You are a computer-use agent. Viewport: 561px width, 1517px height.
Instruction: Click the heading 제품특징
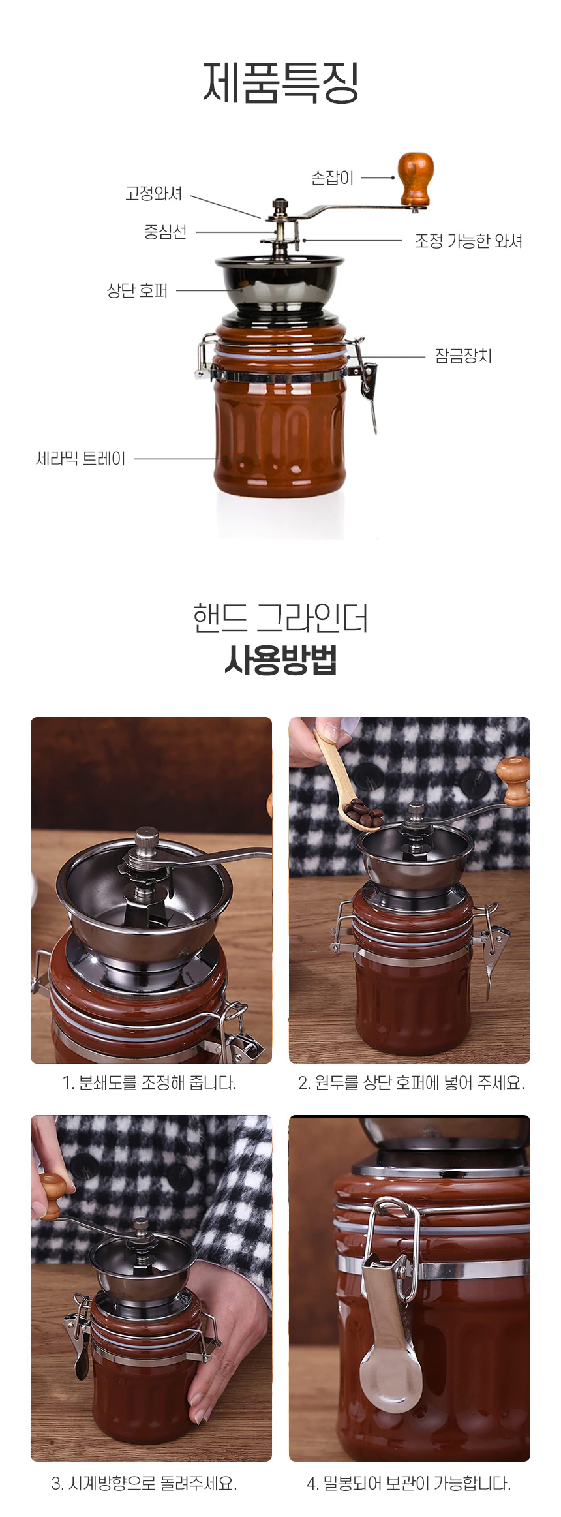[x=280, y=83]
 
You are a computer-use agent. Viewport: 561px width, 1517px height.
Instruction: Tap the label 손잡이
[x=332, y=177]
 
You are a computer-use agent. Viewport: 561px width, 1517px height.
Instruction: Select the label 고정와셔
[x=154, y=194]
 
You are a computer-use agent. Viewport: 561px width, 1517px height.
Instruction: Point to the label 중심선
[x=165, y=232]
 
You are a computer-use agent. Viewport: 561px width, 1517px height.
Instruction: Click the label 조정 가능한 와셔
[x=468, y=241]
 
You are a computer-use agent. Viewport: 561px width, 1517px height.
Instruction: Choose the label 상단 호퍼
[x=137, y=290]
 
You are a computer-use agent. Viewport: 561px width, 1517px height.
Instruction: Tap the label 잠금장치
[x=463, y=356]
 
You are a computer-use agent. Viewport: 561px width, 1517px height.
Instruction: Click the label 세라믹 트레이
[x=80, y=459]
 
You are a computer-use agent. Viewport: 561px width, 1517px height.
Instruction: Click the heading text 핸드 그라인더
[x=280, y=619]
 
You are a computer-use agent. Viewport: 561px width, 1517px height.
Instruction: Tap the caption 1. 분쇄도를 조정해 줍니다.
[x=149, y=1083]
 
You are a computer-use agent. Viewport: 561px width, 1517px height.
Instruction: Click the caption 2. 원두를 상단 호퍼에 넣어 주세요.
[x=411, y=1083]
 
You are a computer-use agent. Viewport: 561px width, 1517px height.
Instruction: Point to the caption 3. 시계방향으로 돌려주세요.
[x=144, y=1483]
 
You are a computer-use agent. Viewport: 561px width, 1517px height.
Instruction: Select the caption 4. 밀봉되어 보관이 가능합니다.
[x=408, y=1483]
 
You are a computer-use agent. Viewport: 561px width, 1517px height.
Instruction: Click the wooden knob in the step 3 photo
[x=53, y=1196]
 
